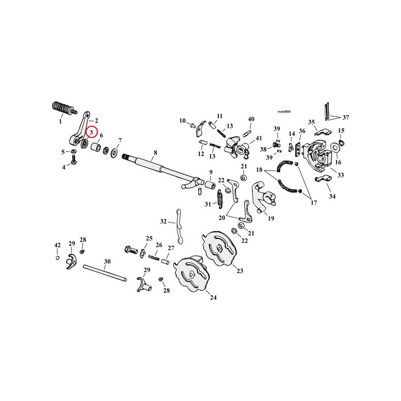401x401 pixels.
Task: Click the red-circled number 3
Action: (x=91, y=132)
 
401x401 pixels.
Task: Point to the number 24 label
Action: (x=213, y=297)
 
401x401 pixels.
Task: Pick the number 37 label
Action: (x=346, y=116)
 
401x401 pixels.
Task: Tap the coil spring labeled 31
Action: (x=221, y=198)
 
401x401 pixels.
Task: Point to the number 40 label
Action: (x=251, y=119)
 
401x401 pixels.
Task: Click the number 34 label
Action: (x=332, y=196)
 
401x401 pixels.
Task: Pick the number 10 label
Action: (x=182, y=120)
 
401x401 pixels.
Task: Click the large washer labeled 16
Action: (x=336, y=148)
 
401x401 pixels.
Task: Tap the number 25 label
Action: (x=149, y=238)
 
